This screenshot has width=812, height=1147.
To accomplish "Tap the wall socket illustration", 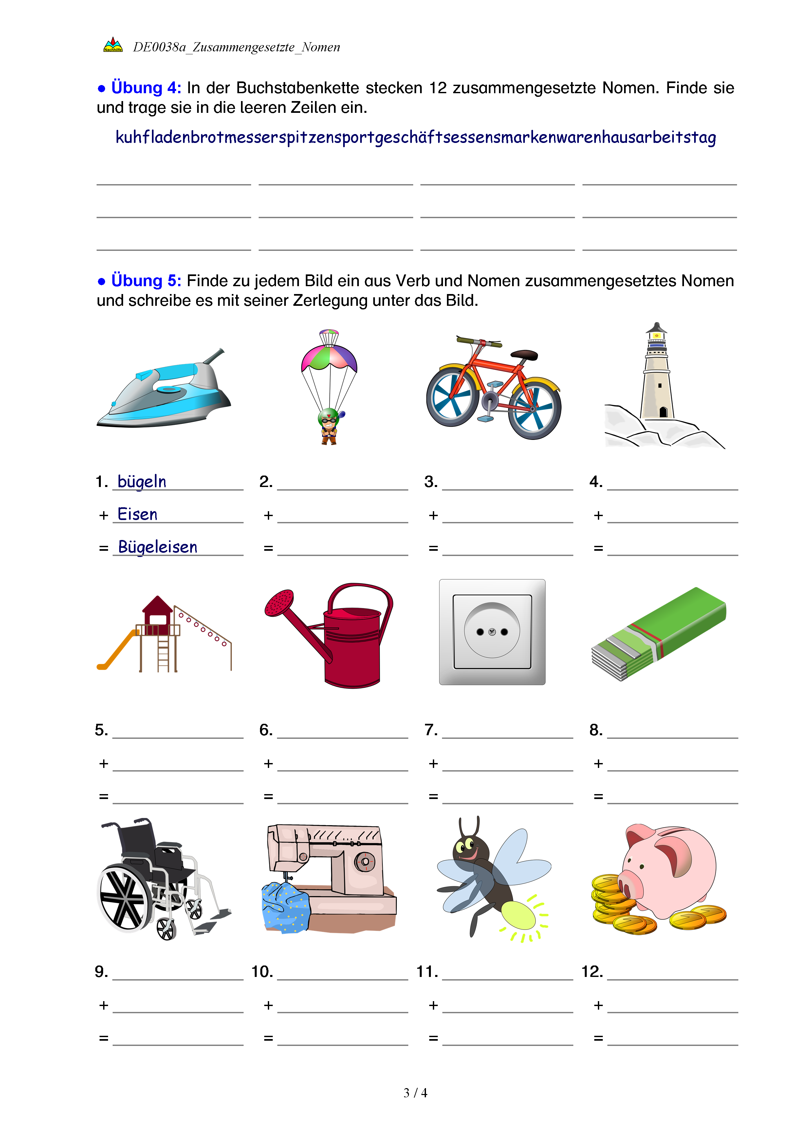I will [x=492, y=632].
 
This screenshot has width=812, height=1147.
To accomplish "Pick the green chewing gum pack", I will [x=658, y=634].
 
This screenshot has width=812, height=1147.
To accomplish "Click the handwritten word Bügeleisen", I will [x=157, y=547].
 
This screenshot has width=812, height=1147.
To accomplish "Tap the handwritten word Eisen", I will [x=138, y=514].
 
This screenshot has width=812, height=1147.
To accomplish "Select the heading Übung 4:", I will [x=145, y=88].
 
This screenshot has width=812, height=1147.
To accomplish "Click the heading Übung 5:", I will [x=145, y=281].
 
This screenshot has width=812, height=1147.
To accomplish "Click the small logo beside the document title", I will [x=113, y=45].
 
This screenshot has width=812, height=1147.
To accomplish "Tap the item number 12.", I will [x=592, y=972].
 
